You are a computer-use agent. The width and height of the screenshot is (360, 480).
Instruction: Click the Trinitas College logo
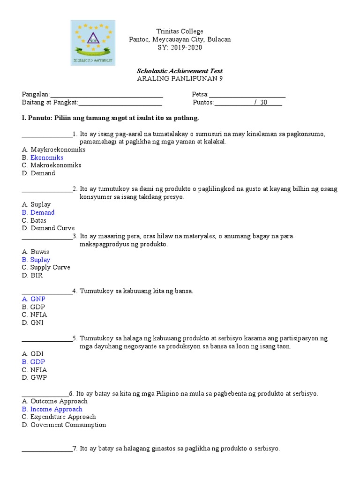(x=92, y=43)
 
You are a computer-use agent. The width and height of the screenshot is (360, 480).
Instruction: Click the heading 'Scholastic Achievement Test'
(x=180, y=71)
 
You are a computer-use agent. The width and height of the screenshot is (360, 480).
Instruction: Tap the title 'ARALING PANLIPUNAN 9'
(x=180, y=79)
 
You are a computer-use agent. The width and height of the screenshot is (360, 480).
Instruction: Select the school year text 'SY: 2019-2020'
(x=180, y=47)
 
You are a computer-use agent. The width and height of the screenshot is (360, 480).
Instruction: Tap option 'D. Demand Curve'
(x=48, y=228)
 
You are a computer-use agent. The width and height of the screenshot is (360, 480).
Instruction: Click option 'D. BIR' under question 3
(x=32, y=275)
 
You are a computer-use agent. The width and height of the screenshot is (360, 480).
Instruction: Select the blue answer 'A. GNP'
(x=34, y=299)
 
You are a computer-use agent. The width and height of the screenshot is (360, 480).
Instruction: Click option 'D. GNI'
(x=33, y=322)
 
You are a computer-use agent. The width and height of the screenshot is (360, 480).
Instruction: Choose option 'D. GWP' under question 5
(x=34, y=377)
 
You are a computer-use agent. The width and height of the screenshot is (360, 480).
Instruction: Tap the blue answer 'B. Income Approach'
(x=52, y=409)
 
